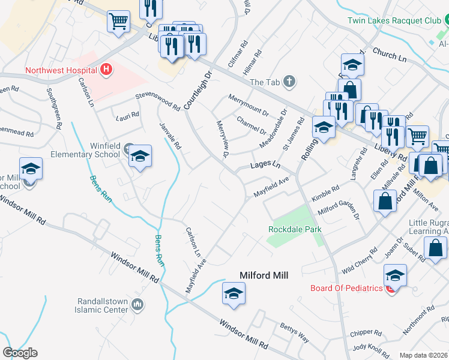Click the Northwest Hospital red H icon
(106, 70)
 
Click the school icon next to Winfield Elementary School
(140, 157)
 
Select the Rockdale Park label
(295, 229)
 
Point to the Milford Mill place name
(264, 275)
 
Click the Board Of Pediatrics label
(346, 288)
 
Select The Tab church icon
(289, 82)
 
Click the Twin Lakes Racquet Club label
(394, 20)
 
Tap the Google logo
(20, 352)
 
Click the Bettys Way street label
(294, 332)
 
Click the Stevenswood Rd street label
(158, 102)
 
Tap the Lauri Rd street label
(127, 114)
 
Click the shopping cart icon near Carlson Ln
(119, 22)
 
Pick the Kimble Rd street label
(325, 196)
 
